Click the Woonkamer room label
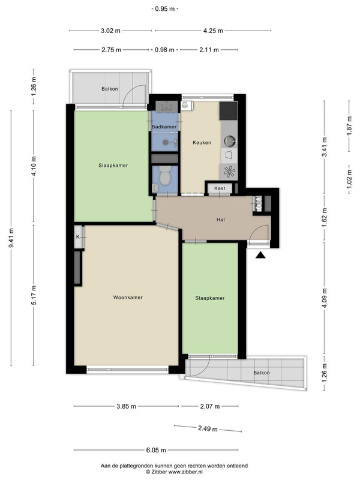tap(128, 297)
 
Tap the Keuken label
tap(202, 142)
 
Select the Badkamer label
tap(164, 127)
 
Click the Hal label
tap(220, 220)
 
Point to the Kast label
tap(220, 188)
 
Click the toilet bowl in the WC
tap(166, 176)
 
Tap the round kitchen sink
tap(229, 141)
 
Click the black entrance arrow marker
tap(260, 255)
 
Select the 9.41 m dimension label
tap(11, 238)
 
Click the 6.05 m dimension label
tap(156, 450)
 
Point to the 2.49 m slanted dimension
tap(208, 428)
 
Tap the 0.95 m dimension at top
tap(164, 9)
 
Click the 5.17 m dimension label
tap(34, 295)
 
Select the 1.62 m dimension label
tap(325, 215)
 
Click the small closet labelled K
tap(79, 236)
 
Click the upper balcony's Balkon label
tap(110, 89)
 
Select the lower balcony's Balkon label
tap(262, 373)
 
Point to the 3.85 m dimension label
tap(126, 407)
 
